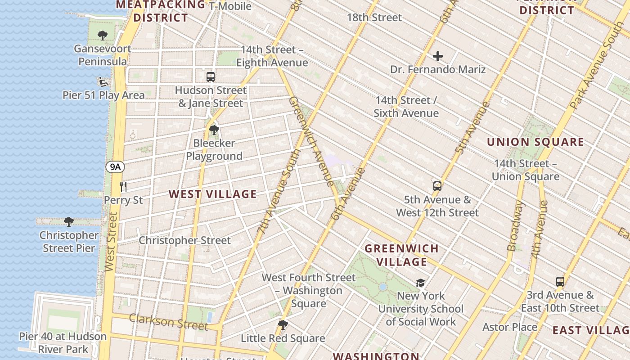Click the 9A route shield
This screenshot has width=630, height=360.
pyautogui.click(x=115, y=167)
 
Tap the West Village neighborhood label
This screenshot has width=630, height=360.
pyautogui.click(x=212, y=194)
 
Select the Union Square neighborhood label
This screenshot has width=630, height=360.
pyautogui.click(x=535, y=142)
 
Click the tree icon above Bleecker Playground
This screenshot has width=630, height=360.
pyautogui.click(x=214, y=130)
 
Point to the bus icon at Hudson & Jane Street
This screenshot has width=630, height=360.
pyautogui.click(x=211, y=76)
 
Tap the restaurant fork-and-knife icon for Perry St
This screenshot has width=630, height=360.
pyautogui.click(x=123, y=186)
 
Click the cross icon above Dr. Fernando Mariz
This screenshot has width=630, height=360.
pyautogui.click(x=438, y=56)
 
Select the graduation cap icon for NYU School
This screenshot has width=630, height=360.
pyautogui.click(x=420, y=283)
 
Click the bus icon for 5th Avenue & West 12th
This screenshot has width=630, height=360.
pyautogui.click(x=437, y=186)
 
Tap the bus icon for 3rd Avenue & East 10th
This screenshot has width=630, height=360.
pyautogui.click(x=560, y=282)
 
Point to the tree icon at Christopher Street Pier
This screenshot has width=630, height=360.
pyautogui.click(x=69, y=222)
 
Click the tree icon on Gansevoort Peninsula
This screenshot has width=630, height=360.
pyautogui.click(x=103, y=36)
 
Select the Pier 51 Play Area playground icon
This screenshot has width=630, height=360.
pyautogui.click(x=103, y=82)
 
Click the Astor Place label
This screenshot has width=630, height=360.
pyautogui.click(x=510, y=327)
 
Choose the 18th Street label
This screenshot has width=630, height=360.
pyautogui.click(x=374, y=18)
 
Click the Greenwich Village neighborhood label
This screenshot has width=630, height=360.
pyautogui.click(x=401, y=255)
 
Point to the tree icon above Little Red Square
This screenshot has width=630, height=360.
pyautogui.click(x=283, y=325)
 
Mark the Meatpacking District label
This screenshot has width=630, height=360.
pyautogui.click(x=161, y=11)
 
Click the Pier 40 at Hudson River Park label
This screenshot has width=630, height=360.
pyautogui.click(x=63, y=343)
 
